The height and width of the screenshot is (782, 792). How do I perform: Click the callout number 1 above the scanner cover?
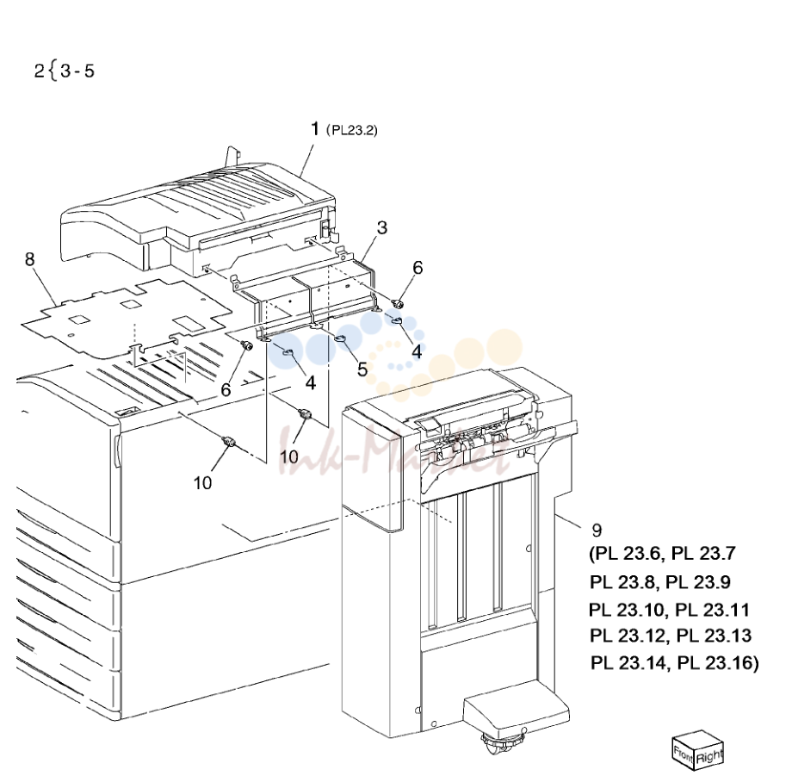point(315,129)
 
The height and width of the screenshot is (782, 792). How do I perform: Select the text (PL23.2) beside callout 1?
point(352,130)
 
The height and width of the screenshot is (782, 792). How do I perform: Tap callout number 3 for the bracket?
point(382,228)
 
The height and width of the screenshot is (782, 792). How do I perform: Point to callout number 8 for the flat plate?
point(30,259)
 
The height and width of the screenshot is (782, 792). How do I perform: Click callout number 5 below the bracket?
point(362,369)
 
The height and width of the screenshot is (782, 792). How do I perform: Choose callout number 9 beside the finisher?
point(597,531)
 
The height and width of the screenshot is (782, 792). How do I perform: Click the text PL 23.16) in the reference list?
point(718,662)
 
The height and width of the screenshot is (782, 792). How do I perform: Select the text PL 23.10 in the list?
point(627,610)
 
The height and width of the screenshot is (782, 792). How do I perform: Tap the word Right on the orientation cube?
point(709,757)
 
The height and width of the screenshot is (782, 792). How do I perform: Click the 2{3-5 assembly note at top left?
point(65,71)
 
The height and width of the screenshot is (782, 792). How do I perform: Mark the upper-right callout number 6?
point(418,268)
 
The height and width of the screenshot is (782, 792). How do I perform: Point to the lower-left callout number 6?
point(226,390)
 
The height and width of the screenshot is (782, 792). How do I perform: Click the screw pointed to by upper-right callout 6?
point(399,304)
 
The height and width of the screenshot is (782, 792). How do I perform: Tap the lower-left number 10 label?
point(202,483)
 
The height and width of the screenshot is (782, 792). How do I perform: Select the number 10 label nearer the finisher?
point(289,457)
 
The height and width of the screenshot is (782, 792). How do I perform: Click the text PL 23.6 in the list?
point(628,554)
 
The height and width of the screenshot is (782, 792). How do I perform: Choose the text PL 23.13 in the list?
point(714,636)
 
